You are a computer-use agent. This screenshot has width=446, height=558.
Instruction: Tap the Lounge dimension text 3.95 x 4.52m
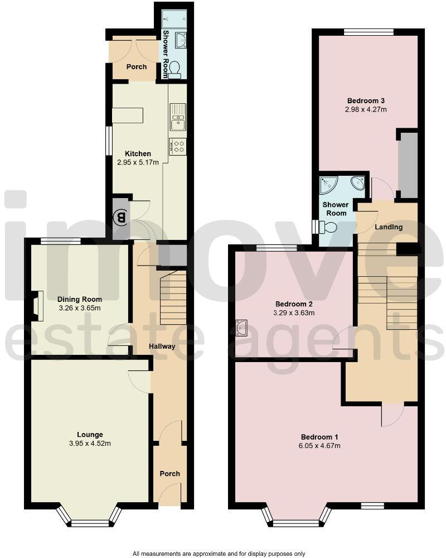click(x=89, y=444)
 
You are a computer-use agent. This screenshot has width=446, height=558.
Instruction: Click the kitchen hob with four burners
click(x=178, y=147)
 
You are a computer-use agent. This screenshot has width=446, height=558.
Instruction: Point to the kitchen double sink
click(x=178, y=117)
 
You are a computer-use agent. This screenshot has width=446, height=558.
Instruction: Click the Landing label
click(x=389, y=227)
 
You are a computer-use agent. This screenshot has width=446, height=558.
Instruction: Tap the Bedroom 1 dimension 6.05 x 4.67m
click(x=320, y=445)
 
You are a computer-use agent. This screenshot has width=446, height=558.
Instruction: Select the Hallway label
click(x=162, y=347)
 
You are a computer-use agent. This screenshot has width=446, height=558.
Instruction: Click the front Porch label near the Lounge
click(x=170, y=474)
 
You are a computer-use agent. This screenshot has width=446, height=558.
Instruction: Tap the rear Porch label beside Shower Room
click(x=137, y=67)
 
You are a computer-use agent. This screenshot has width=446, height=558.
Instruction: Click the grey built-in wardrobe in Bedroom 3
click(x=409, y=165)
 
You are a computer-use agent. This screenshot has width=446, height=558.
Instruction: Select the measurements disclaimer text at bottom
click(x=219, y=554)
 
